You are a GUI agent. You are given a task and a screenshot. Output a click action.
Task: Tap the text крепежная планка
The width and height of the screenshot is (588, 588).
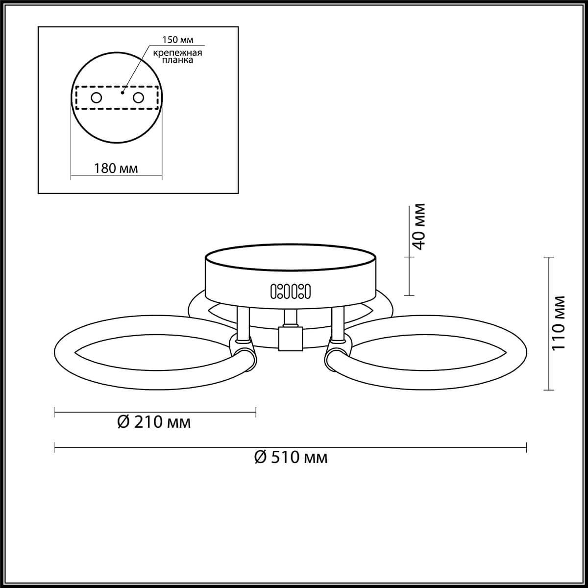tap(176, 56)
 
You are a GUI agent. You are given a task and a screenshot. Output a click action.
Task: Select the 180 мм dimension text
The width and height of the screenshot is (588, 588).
tap(116, 169)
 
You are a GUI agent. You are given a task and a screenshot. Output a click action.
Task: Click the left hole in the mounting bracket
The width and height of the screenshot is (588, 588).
tap(96, 98)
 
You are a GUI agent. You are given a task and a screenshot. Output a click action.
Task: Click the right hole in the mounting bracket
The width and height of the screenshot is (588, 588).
tap(139, 98)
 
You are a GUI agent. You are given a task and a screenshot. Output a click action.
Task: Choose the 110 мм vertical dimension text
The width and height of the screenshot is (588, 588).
tap(558, 323)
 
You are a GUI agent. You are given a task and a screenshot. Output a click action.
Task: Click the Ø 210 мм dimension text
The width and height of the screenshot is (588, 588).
tap(154, 422)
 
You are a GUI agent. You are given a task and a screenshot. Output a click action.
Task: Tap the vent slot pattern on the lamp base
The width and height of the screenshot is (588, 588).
tap(291, 291)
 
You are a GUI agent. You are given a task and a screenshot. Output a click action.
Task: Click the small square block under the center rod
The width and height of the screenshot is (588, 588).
tap(291, 339)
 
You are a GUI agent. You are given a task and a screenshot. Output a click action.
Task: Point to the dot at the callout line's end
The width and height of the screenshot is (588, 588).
tap(122, 92)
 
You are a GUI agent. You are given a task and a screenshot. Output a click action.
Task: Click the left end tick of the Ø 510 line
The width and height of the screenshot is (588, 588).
tap(54, 447)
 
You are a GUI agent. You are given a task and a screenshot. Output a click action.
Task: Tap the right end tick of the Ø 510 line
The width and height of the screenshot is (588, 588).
tap(527, 447)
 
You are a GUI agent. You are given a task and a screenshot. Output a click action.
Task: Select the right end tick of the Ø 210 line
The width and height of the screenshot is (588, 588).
tap(256, 413)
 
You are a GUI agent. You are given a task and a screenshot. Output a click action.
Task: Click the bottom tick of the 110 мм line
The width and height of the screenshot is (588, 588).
tap(549, 390)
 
